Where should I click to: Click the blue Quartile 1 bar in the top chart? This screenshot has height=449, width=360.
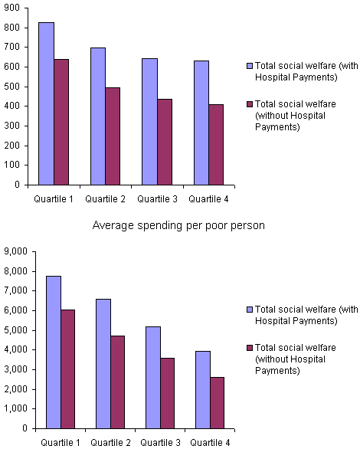[x=47, y=103]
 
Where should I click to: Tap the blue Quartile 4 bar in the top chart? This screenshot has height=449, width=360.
[x=201, y=123]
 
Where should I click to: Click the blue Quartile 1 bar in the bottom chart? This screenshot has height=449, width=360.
[x=54, y=352]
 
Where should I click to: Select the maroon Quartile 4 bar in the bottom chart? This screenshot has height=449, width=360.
[x=217, y=402]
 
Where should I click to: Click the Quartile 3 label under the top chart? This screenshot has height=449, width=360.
[x=156, y=199]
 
